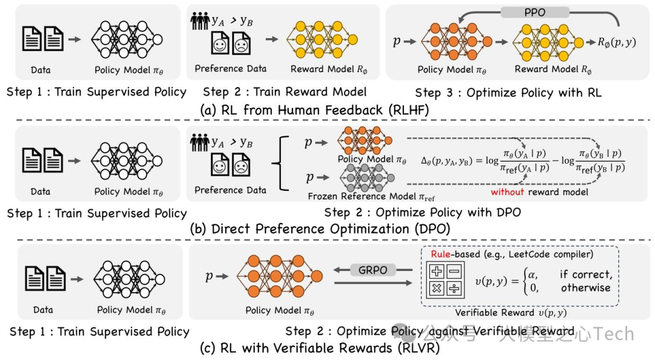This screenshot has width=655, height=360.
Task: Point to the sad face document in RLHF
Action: coord(242,45)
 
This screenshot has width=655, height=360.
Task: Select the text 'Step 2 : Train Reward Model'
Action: coord(284,92)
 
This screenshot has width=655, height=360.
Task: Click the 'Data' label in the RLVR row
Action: coord(43,310)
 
